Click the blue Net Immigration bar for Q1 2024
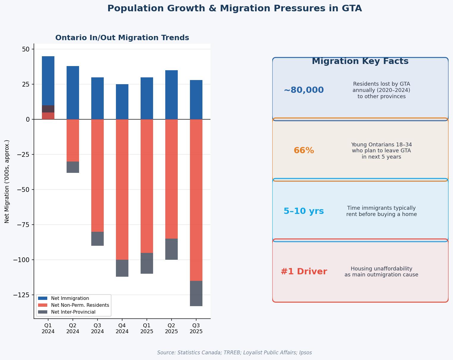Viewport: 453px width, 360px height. [48, 80]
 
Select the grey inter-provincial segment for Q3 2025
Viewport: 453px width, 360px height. [196, 293]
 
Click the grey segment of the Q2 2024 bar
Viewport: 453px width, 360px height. [73, 167]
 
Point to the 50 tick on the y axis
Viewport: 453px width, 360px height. [26, 49]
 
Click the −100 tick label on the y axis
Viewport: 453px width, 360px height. [21, 260]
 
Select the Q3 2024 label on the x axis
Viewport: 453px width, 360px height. [97, 328]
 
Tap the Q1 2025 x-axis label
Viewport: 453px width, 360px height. [147, 328]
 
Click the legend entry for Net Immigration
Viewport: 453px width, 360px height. [70, 298]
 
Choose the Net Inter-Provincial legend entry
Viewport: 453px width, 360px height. [73, 312]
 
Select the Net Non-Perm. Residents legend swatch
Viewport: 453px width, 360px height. [43, 305]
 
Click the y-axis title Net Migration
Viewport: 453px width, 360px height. [7, 181]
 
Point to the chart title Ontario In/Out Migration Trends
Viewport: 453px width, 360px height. [122, 38]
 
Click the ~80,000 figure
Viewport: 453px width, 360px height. [304, 90]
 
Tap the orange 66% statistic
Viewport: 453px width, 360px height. [304, 151]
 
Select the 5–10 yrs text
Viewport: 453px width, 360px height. [304, 211]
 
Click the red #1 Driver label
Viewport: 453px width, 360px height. [304, 272]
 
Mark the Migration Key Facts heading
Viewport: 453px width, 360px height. [360, 61]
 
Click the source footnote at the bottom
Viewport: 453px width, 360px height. [235, 353]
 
